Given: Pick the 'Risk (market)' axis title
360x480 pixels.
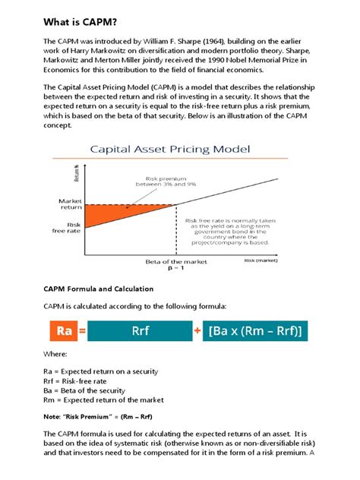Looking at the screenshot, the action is (x=261, y=260).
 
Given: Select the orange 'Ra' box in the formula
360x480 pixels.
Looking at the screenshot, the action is (x=63, y=330).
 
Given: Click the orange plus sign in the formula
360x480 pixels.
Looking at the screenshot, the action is (x=197, y=330).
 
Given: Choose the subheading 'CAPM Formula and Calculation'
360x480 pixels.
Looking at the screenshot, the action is (x=99, y=289).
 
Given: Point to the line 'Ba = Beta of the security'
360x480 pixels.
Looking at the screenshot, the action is (x=95, y=390).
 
